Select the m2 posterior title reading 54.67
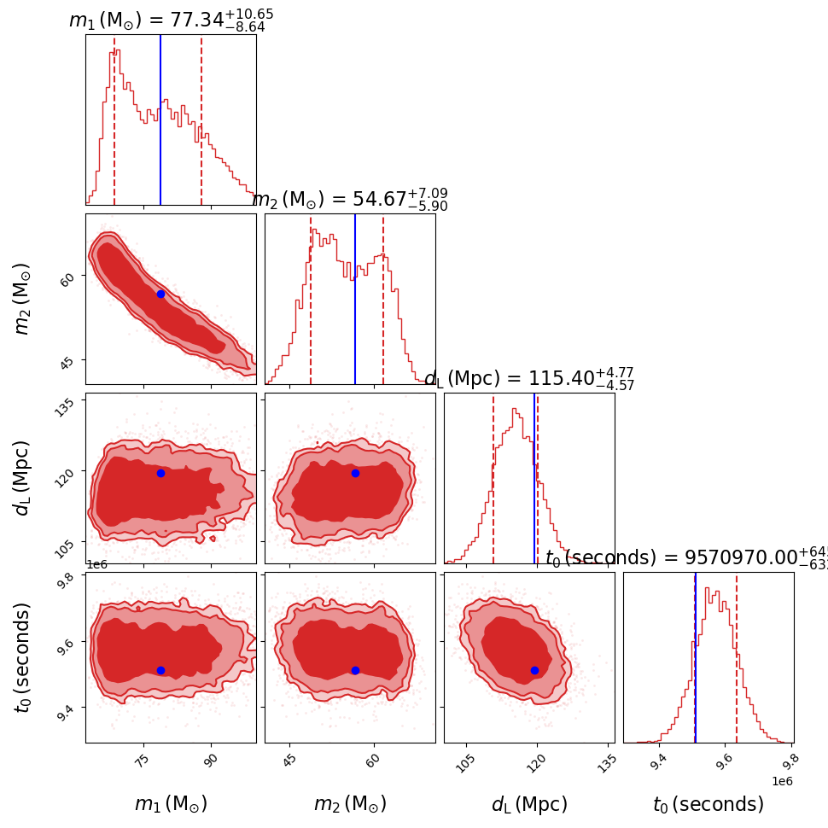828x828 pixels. point(350,200)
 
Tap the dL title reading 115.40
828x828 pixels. point(529,379)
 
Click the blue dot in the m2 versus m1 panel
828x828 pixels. point(160,294)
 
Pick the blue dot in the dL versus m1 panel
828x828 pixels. point(160,473)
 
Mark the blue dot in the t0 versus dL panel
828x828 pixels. point(534,670)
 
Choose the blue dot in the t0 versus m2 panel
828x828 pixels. point(355,670)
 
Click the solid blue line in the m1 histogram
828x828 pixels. point(160,120)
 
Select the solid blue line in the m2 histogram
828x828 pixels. point(355,299)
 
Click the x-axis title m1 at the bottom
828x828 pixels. point(171,804)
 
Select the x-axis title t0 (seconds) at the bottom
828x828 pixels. point(708,804)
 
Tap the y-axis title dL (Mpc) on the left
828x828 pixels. point(23,478)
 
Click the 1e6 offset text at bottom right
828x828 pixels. point(782,781)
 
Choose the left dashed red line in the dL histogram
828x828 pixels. point(493,478)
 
